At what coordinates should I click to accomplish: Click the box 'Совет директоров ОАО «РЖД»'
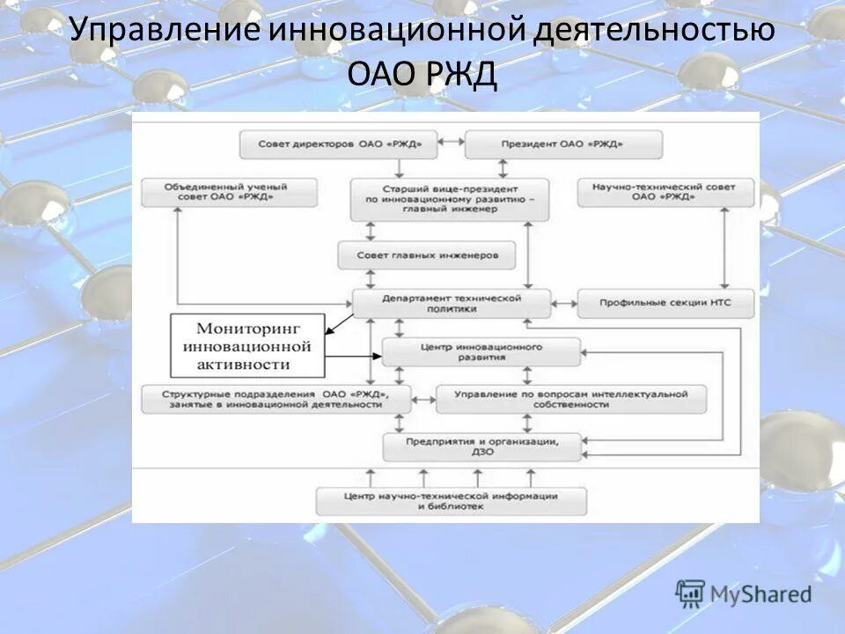pos(339,144)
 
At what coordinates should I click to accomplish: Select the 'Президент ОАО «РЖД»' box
pos(563,144)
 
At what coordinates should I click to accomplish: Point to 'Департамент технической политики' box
pos(452,303)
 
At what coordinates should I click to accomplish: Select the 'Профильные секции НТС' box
pos(666,304)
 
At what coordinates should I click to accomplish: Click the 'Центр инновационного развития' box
pos(481,352)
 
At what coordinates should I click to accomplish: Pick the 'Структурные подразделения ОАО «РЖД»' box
pos(276,399)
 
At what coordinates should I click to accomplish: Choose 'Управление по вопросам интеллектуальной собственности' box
pos(570,399)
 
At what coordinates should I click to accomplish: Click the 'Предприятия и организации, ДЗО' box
pos(481,446)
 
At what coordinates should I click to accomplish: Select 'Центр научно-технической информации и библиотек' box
pos(451,501)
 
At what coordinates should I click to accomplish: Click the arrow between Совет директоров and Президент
pos(451,141)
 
